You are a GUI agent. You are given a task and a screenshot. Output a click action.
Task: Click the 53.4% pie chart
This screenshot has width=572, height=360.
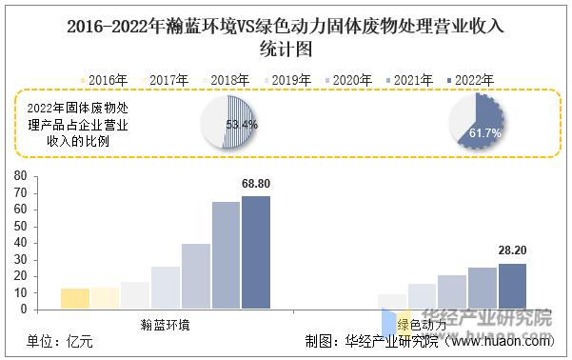pos(228,125)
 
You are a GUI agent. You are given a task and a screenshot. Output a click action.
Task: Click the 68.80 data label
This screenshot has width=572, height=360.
pos(257,184)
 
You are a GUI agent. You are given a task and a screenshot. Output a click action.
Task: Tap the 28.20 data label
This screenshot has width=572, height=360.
pos(512,250)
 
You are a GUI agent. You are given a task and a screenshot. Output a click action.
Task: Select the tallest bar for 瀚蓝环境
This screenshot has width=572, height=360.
pos(256,252)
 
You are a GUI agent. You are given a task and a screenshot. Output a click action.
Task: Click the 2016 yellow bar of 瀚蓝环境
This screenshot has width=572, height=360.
pos(74,299)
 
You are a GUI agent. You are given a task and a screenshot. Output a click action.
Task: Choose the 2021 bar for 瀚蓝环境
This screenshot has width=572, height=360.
pos(226,255)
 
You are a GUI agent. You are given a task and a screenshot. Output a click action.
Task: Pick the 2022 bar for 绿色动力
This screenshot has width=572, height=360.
pos(512,286)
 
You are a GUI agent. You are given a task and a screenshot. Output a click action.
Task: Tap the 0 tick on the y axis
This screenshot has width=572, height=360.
pos(24,310)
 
